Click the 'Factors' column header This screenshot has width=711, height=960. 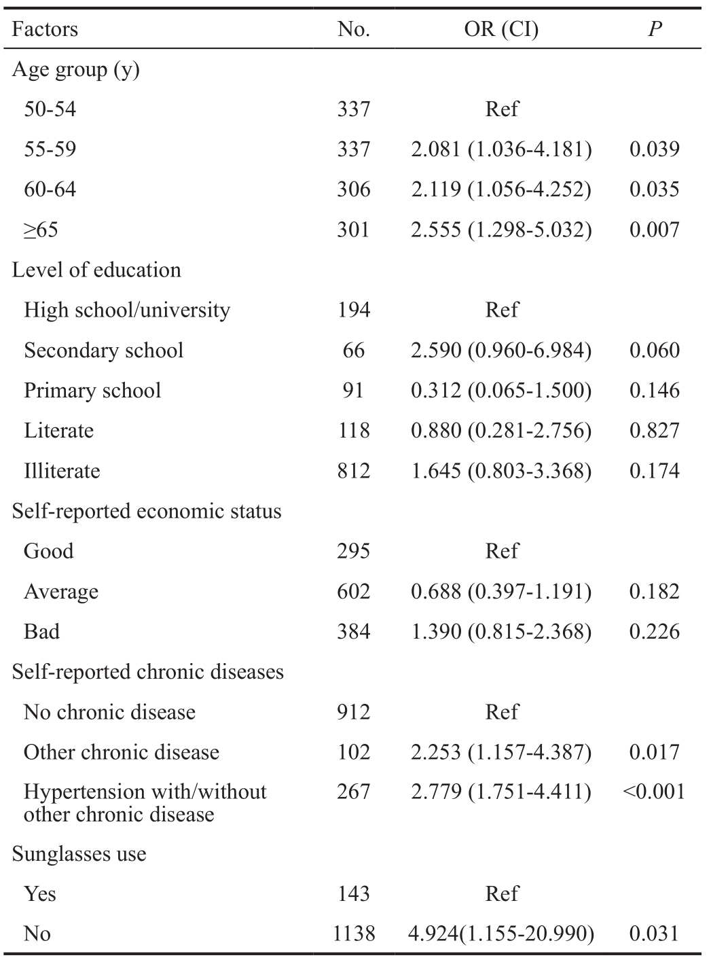point(45,29)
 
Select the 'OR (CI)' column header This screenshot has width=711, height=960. point(501,29)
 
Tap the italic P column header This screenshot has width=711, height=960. point(655,29)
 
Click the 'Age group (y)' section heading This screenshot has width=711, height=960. point(76,70)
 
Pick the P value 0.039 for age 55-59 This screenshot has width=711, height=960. point(655,149)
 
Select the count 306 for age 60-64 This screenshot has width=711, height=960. point(354,189)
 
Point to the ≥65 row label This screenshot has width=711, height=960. point(41,230)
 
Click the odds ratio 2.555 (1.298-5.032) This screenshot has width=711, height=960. point(501,230)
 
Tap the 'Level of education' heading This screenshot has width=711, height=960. point(96,270)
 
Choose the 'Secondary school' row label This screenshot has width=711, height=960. point(103,350)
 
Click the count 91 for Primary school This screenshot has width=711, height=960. point(353,391)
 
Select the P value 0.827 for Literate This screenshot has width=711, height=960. point(655,431)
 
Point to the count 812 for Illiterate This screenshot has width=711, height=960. point(354,471)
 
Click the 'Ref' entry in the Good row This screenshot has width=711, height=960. point(502,551)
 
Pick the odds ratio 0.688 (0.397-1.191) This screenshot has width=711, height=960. point(501,591)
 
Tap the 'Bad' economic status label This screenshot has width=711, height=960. point(41,631)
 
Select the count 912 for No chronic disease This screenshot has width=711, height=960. point(354,712)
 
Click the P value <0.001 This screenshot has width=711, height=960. point(654,792)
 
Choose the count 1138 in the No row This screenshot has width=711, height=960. point(354,934)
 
